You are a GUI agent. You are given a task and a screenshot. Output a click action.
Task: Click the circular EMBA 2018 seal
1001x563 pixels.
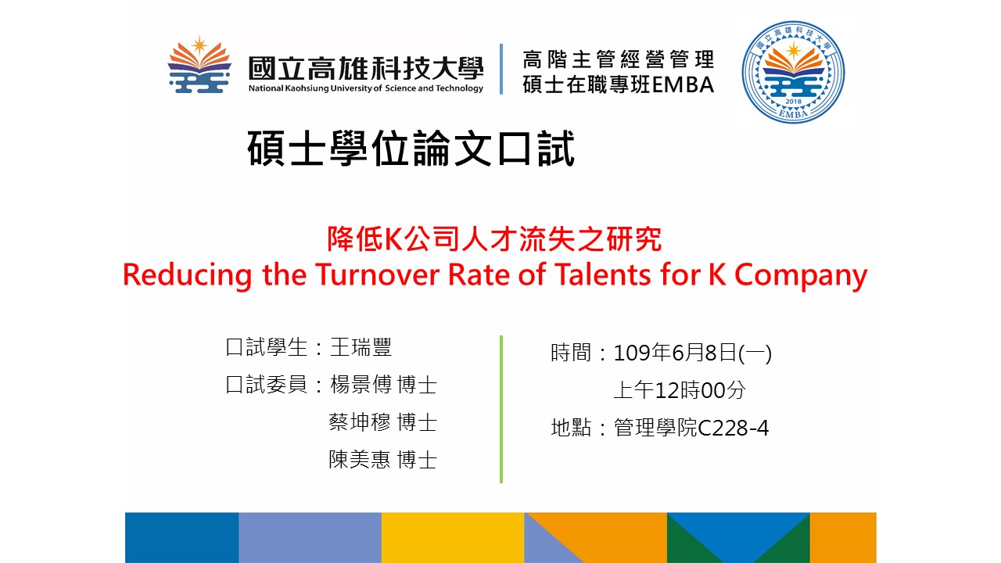pos(793,72)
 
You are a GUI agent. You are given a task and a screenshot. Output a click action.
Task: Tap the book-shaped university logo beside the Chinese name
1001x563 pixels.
pos(199,65)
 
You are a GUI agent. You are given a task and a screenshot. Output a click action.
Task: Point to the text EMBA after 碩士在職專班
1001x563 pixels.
pos(683,85)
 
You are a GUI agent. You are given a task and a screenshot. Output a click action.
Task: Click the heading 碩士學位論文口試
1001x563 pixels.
pos(411,149)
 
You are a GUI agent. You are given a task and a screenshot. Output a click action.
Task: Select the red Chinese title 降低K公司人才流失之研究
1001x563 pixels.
pos(494,239)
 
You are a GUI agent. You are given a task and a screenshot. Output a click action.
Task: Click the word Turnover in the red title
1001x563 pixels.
pos(377,274)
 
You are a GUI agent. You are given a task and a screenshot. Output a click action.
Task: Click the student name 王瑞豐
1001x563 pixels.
pos(361,347)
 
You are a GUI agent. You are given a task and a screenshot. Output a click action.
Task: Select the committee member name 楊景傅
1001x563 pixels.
pos(361,385)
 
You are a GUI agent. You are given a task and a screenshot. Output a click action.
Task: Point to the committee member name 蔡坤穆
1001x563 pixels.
pos(360,422)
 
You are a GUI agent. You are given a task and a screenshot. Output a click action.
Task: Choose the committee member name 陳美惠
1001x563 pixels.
pos(360,460)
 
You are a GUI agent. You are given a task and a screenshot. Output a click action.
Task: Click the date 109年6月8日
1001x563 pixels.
pos(675,353)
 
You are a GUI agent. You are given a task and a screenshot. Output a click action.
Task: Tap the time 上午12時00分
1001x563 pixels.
pos(680,390)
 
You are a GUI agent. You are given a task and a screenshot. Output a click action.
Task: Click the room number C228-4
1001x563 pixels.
pos(733,429)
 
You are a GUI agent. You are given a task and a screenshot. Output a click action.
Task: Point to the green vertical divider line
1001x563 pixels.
pos(501,409)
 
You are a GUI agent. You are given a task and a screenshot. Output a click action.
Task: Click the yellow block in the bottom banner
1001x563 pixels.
pos(453,537)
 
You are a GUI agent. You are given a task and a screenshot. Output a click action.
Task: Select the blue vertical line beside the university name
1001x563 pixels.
pos(501,69)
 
